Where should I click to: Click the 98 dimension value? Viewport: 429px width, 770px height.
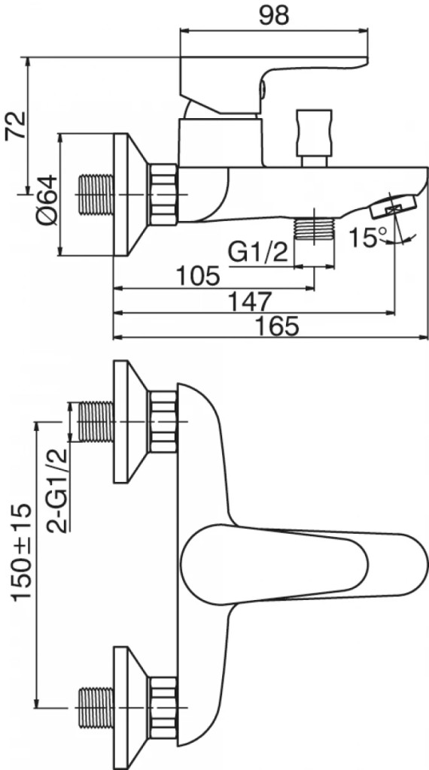(274, 16)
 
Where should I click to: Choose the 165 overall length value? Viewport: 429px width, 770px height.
(277, 326)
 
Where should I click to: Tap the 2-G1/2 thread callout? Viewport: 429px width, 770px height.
(57, 491)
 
